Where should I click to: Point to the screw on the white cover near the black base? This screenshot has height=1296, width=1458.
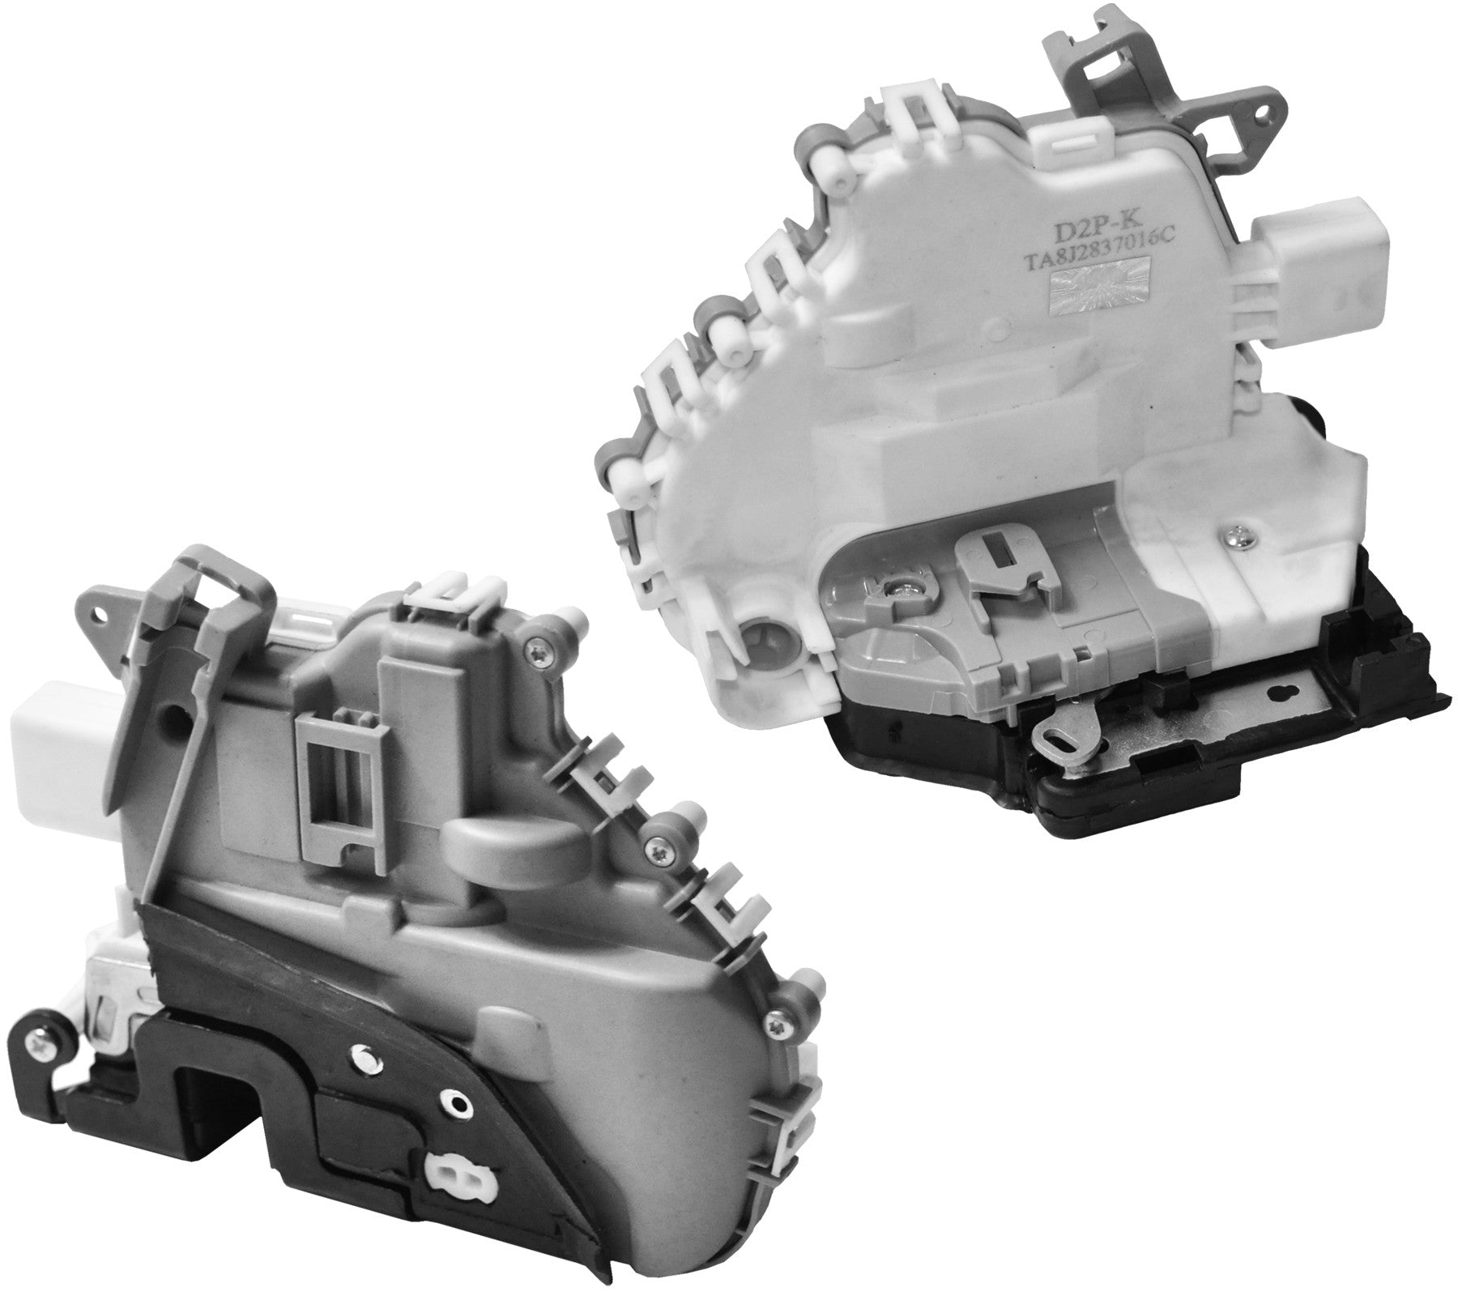point(1237,535)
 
